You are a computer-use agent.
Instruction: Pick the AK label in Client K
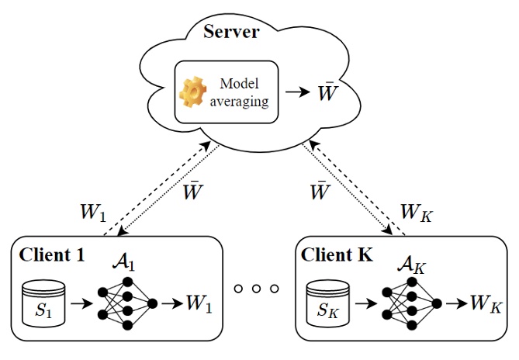tap(409, 254)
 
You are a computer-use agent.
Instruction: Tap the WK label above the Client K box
tap(414, 211)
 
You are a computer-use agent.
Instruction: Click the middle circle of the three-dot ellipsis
tap(256, 289)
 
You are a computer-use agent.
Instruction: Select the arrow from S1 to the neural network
tap(80, 303)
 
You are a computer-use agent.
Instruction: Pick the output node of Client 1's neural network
tap(153, 303)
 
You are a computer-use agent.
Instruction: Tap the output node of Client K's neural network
tap(437, 303)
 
